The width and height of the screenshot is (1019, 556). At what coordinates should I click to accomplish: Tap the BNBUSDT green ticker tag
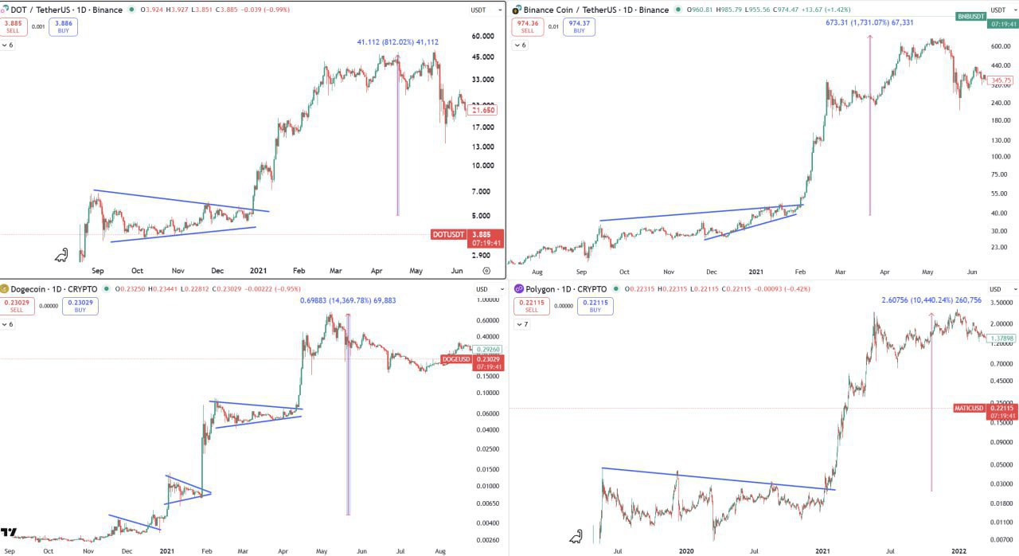pos(971,16)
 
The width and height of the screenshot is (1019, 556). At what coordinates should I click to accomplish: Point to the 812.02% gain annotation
pos(397,42)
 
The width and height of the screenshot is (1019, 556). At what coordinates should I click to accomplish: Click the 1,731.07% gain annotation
pos(869,22)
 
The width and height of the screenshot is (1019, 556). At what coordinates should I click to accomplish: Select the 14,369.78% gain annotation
pos(348,300)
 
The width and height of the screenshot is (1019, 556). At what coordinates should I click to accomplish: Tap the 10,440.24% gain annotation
pos(931,300)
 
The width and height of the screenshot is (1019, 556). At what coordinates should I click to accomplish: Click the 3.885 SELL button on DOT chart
pos(14,26)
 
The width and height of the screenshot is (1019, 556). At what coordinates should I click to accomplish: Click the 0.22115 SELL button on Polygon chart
pos(529,306)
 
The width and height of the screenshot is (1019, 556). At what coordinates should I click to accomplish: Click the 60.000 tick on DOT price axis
pos(482,37)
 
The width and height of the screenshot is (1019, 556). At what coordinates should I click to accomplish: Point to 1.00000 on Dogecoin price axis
pos(487,300)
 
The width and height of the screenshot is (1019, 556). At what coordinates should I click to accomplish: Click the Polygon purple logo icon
pos(518,288)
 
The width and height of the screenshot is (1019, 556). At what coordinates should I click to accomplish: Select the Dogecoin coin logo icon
pos(4,288)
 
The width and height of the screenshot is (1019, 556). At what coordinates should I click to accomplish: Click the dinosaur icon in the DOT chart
pos(61,256)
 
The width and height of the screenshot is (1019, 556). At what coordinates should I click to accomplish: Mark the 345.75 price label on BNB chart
pos(1001,80)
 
